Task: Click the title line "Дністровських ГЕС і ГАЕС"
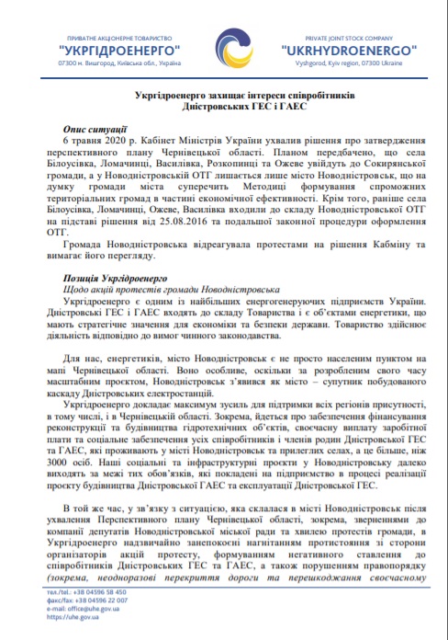(x=226, y=109)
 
